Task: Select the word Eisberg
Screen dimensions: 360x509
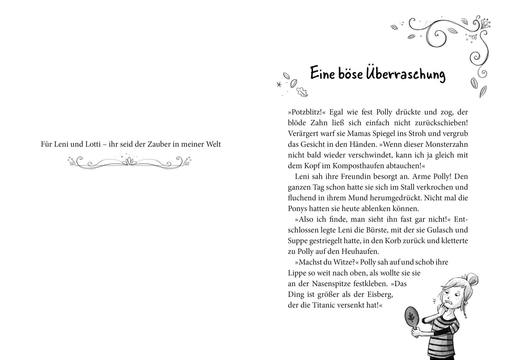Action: [380, 294]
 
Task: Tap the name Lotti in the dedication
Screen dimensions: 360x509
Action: [92, 144]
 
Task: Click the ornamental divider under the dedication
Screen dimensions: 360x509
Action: [129, 161]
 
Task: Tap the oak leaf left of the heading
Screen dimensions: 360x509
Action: [302, 92]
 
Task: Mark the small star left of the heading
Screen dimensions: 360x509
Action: [279, 84]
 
